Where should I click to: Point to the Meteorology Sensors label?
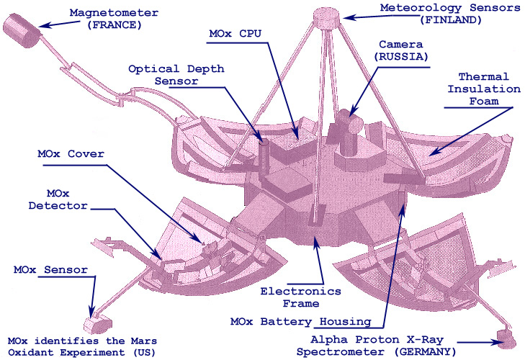click(441, 7)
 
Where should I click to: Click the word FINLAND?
click(441, 20)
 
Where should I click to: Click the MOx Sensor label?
click(50, 270)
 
